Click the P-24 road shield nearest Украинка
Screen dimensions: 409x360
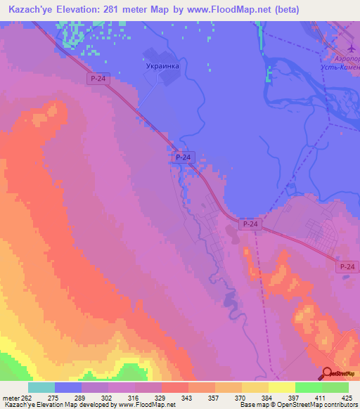(99, 80)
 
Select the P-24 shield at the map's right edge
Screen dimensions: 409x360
(347, 266)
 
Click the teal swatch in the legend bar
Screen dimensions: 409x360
(41, 387)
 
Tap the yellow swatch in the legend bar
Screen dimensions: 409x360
(282, 387)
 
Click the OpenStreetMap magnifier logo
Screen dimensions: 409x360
(327, 375)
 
